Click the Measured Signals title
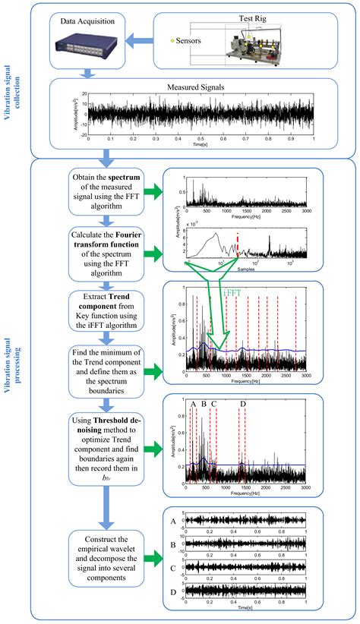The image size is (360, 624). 197,88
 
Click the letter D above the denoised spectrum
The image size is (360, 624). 243,404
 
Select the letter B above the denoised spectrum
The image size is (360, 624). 204,404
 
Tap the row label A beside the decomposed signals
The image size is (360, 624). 173,522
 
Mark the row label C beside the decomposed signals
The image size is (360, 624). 173,566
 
